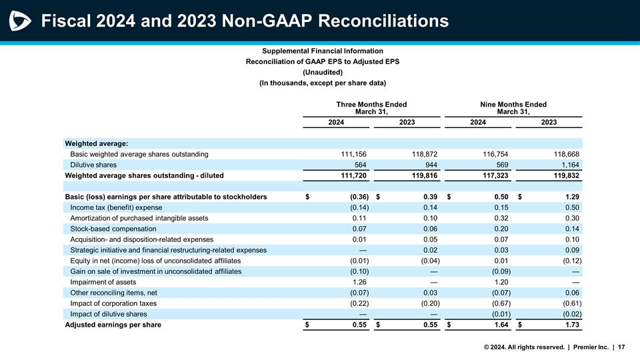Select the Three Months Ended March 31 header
pos(371,108)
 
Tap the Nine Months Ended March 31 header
pos(513,108)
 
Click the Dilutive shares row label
pos(93,165)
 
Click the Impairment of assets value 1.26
pos(360,282)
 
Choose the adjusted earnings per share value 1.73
pos(569,325)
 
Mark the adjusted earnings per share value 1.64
pos(498,325)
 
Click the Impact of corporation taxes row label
pos(113,303)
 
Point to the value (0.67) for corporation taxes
pos(497,303)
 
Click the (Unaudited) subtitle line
pos(323,72)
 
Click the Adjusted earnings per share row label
pos(113,325)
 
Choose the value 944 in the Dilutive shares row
pos(429,165)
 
